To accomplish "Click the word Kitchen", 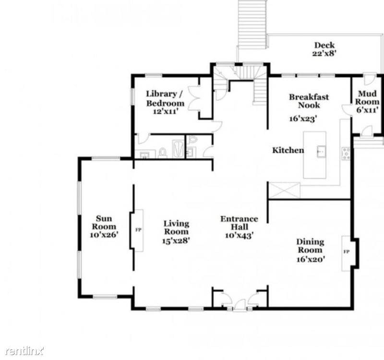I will [x=288, y=150].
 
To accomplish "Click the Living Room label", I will [x=176, y=232].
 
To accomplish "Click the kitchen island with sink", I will [x=315, y=155].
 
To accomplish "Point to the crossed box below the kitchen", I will [x=284, y=191].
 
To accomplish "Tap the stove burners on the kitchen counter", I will [x=345, y=154].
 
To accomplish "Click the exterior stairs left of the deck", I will [x=252, y=24].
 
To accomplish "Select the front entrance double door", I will [x=239, y=303].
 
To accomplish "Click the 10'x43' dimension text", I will [x=239, y=235].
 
